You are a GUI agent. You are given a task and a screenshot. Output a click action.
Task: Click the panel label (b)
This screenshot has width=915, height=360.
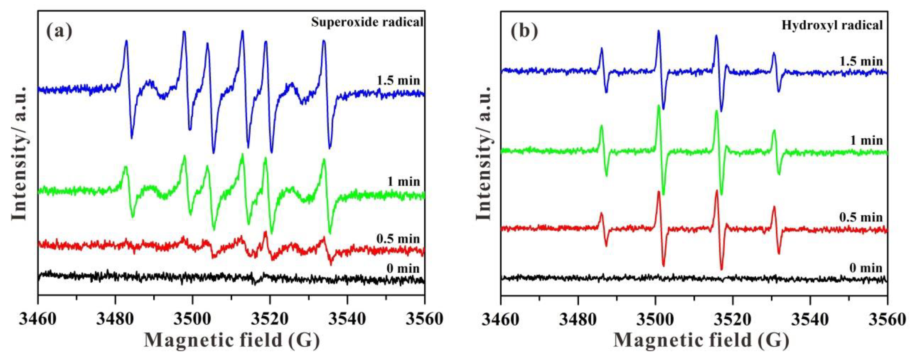pos(524,31)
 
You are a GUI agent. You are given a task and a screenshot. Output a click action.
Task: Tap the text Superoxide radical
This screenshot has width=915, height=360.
pos(367,22)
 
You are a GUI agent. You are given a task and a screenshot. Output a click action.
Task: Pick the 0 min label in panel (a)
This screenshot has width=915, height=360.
pos(403,268)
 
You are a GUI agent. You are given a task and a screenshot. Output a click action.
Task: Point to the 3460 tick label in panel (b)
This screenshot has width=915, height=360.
pos(501,319)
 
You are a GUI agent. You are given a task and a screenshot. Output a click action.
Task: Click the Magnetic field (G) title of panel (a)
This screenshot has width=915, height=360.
pos(231,340)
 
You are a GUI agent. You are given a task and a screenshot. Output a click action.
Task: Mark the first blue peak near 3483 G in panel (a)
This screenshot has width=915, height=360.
pos(126,41)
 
